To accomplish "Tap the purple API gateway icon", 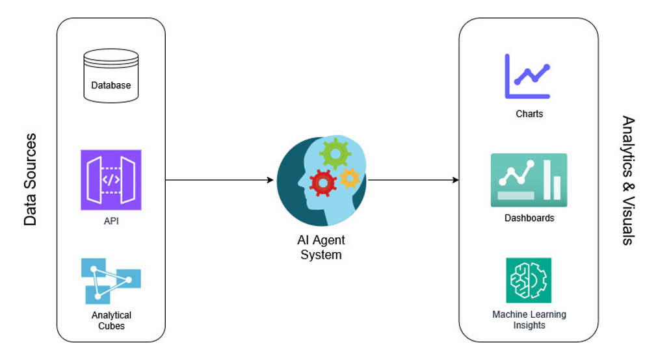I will coord(111,180).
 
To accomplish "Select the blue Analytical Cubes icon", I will coord(111,281).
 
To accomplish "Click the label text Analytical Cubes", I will coord(111,320).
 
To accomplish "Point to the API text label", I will coord(111,221).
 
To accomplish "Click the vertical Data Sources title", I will coord(30,180).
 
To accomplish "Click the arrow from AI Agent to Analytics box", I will coord(413,180).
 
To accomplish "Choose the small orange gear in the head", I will coord(349,177).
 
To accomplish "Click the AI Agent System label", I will coord(321,248).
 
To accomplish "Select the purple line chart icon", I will coord(527,76).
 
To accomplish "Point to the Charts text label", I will coord(529,114).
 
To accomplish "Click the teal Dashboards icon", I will coord(529,180).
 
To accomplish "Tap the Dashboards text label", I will coord(529,218).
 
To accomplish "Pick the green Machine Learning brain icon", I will coord(529,280).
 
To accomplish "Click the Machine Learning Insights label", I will coord(529,320).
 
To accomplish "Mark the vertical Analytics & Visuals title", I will coord(627,180).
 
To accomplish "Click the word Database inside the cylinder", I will coord(111,85).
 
